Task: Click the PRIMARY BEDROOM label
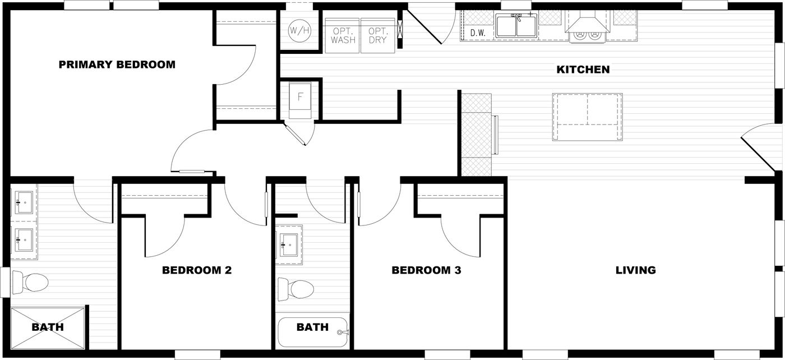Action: tap(117, 64)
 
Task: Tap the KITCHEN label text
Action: tap(583, 70)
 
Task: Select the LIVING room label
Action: tap(635, 270)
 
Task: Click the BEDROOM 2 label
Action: tap(197, 270)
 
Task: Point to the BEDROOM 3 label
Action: tap(426, 270)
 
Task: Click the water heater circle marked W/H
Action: tap(299, 31)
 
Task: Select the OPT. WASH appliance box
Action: tap(343, 36)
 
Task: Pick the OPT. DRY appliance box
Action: tap(378, 36)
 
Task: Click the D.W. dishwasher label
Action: tap(477, 33)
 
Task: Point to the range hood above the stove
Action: tap(587, 22)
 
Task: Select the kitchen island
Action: tap(587, 117)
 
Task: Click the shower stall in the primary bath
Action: tap(48, 327)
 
